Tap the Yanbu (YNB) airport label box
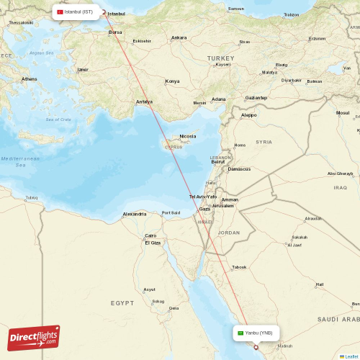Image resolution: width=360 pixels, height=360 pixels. point(256,333)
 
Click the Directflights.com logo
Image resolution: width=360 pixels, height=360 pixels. point(34,338)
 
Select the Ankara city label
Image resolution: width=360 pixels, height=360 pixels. point(179,37)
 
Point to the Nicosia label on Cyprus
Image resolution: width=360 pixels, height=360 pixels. point(187,136)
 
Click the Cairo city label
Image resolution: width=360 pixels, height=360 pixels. point(151,235)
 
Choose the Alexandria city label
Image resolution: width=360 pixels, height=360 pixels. point(135,214)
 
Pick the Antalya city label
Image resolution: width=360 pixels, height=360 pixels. point(144,102)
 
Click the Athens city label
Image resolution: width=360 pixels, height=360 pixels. point(30,78)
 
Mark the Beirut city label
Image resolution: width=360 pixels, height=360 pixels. point(217,162)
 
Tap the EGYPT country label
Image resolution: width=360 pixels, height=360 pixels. point(122,304)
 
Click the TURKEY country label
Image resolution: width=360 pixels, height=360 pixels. point(216,57)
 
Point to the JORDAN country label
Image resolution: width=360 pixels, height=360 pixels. point(229,233)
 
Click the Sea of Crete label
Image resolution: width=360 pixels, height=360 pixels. point(58,119)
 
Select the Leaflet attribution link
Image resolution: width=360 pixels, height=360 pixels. point(350,356)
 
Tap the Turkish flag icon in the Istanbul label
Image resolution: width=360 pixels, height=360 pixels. point(60,12)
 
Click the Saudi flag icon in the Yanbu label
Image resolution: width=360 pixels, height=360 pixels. point(240,333)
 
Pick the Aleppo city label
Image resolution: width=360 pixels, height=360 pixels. point(248,114)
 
